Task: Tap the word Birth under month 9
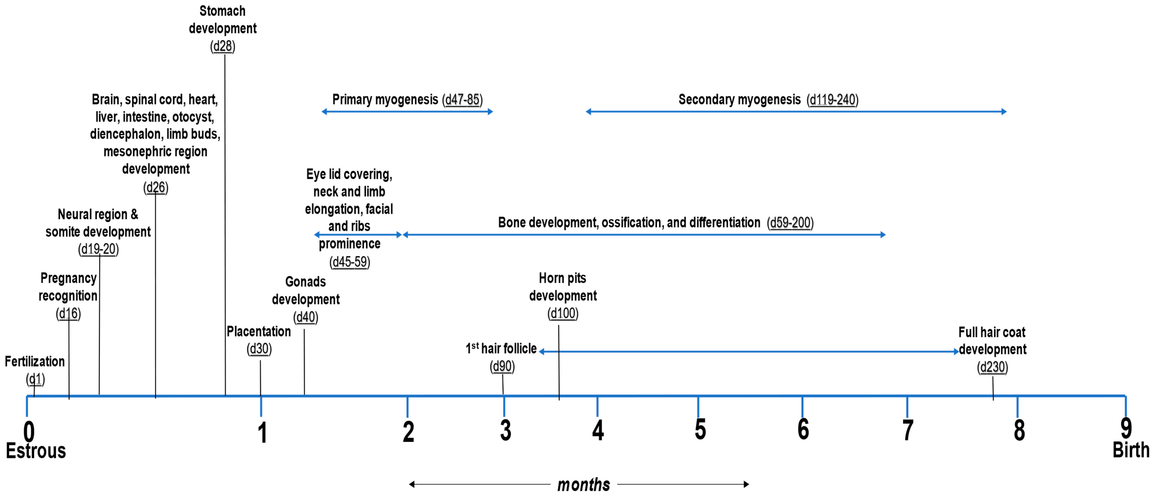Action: pos(1131,450)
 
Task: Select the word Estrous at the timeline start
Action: pos(36,451)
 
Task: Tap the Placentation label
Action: pos(259,331)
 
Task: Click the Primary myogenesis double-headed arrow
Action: pos(407,112)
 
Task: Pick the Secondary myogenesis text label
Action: pos(739,100)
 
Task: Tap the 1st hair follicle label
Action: pos(501,349)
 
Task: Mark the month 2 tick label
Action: pos(408,431)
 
